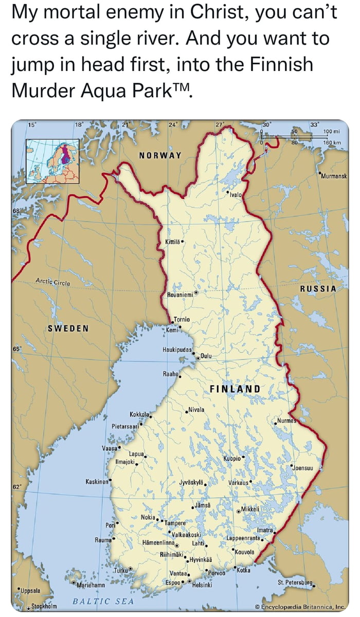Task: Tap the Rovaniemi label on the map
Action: pyautogui.click(x=179, y=294)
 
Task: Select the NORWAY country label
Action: pyautogui.click(x=160, y=155)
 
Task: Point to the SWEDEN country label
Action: pyautogui.click(x=68, y=328)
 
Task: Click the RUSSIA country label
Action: pyautogui.click(x=318, y=289)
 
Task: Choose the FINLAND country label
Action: pyautogui.click(x=235, y=388)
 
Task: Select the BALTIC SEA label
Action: pyautogui.click(x=103, y=601)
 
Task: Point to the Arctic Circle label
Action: pyautogui.click(x=53, y=282)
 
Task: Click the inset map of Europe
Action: pyautogui.click(x=52, y=161)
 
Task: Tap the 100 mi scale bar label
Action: pyautogui.click(x=330, y=132)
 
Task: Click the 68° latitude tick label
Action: pyautogui.click(x=17, y=211)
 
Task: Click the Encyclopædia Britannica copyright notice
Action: pyautogui.click(x=303, y=607)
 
